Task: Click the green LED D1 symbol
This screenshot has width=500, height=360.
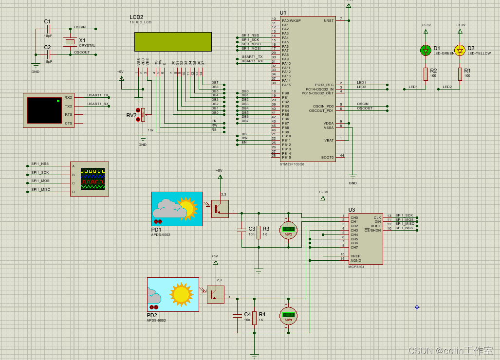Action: pyautogui.click(x=426, y=50)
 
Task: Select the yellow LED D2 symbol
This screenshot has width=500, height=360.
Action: pyautogui.click(x=460, y=50)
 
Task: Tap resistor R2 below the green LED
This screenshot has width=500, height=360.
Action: pyautogui.click(x=426, y=73)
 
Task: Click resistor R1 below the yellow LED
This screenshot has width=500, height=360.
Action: pyautogui.click(x=460, y=73)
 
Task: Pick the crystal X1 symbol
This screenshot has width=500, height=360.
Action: pyautogui.click(x=71, y=42)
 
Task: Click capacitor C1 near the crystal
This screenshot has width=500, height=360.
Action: pyautogui.click(x=48, y=29)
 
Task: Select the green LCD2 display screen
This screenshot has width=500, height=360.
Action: pyautogui.click(x=173, y=42)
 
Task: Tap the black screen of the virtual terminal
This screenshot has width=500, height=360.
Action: pyautogui.click(x=44, y=110)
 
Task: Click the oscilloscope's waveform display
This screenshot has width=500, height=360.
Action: pyautogui.click(x=93, y=179)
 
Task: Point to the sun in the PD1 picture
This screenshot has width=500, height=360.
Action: pyautogui.click(x=187, y=208)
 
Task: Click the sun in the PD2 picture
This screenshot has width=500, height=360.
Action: pyautogui.click(x=181, y=294)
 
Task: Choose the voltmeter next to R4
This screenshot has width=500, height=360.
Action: pyautogui.click(x=288, y=316)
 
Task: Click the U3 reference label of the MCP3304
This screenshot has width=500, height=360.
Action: pyautogui.click(x=352, y=210)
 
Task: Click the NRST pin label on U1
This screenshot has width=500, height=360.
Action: pyautogui.click(x=328, y=20)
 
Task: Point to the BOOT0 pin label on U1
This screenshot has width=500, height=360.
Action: pyautogui.click(x=327, y=157)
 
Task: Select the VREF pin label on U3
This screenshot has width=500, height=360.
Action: pyautogui.click(x=355, y=255)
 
